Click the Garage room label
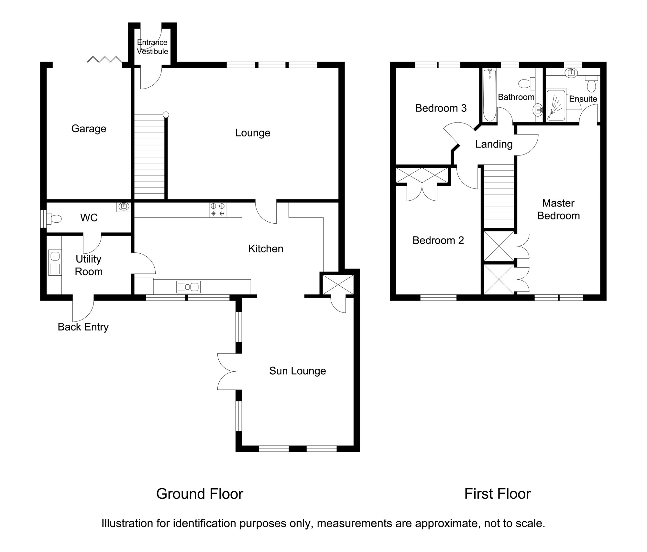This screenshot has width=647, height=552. (x=89, y=129)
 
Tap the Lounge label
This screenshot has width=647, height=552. (x=253, y=133)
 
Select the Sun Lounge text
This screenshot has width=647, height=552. (x=297, y=371)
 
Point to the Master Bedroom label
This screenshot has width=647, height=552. (x=558, y=209)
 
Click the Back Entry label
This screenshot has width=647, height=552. (x=83, y=327)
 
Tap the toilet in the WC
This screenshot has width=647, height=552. (x=54, y=219)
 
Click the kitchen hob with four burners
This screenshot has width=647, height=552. (x=217, y=209)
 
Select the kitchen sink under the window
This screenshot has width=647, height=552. (x=188, y=287)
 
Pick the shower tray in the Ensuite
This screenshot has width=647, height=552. (x=556, y=105)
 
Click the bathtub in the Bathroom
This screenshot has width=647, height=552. (x=489, y=95)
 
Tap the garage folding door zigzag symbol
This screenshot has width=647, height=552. (x=104, y=59)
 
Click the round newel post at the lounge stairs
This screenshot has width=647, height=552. (x=166, y=114)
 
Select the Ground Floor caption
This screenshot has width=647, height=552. (x=200, y=494)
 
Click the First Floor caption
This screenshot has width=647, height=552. (x=498, y=494)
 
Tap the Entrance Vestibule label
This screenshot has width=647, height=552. (x=152, y=47)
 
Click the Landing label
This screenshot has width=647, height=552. (x=494, y=144)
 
